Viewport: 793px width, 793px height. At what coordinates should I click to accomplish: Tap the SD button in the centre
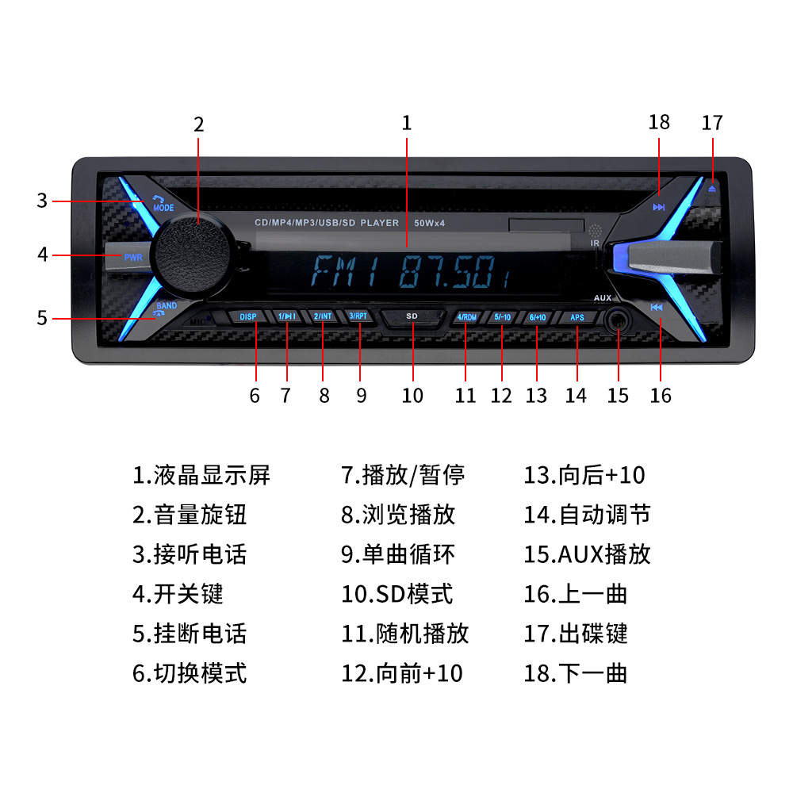click(412, 316)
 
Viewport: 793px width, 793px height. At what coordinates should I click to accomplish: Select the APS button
click(577, 317)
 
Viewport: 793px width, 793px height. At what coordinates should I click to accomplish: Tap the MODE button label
click(163, 207)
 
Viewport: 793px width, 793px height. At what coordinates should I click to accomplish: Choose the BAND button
click(167, 306)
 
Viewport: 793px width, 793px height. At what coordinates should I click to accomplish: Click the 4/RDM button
click(466, 317)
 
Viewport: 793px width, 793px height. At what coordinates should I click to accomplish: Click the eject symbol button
click(712, 189)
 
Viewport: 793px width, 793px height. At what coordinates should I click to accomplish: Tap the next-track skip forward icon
click(659, 208)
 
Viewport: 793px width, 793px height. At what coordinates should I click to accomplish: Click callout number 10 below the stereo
click(412, 395)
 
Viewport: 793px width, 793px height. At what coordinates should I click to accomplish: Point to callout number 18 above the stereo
click(659, 122)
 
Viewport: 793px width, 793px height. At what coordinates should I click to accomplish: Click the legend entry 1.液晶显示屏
click(201, 475)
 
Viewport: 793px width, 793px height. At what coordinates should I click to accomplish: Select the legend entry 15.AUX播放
click(587, 554)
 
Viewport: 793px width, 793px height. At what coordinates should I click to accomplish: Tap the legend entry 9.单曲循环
click(398, 554)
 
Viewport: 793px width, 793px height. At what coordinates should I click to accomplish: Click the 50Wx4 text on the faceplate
click(430, 224)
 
